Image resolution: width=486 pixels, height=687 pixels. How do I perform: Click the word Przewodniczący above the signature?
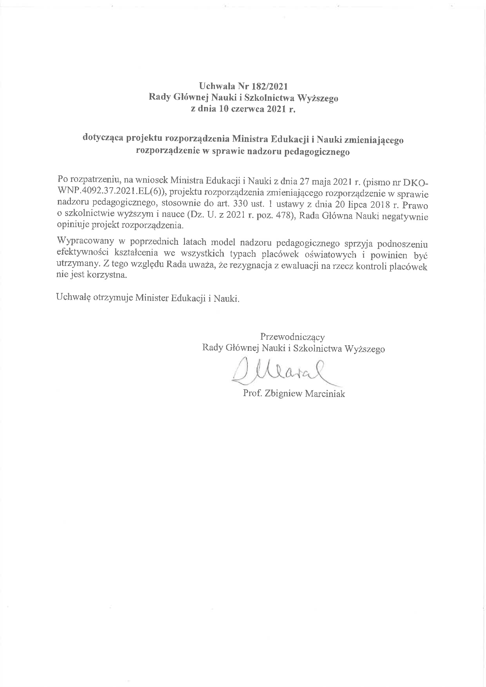tap(292, 337)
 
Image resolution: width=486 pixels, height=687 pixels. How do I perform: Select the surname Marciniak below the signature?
tap(325, 394)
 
